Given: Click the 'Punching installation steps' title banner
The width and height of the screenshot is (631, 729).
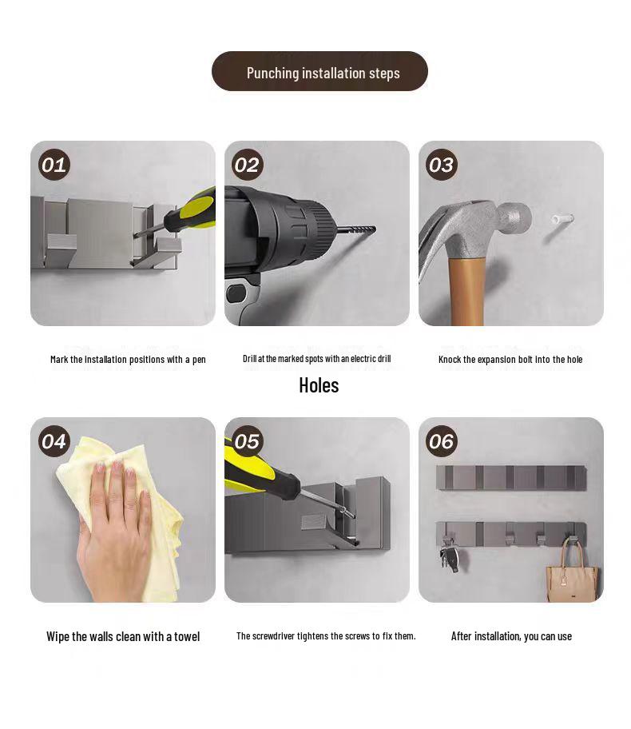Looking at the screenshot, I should click(x=319, y=72).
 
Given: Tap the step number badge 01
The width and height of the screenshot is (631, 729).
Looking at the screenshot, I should click(x=54, y=165).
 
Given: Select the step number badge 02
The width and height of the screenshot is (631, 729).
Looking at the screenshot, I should click(x=248, y=165).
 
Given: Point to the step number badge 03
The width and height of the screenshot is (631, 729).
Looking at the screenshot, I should click(x=442, y=165).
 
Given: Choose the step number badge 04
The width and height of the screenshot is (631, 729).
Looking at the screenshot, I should click(x=54, y=441).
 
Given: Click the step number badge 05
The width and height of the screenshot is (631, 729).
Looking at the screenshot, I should click(x=248, y=441).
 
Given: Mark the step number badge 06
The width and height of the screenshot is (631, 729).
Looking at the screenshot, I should click(x=442, y=441).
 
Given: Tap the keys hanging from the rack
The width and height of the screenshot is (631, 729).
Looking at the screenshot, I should click(x=449, y=556).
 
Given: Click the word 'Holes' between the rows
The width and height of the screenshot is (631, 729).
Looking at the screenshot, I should click(x=319, y=385).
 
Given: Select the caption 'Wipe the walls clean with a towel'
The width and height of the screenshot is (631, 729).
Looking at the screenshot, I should click(x=123, y=636).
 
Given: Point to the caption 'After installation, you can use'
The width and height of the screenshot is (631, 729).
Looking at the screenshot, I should click(x=511, y=636).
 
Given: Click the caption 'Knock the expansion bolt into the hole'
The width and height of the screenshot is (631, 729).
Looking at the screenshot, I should click(x=510, y=360).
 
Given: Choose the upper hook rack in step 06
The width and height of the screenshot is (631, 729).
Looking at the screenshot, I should click(x=511, y=478).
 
